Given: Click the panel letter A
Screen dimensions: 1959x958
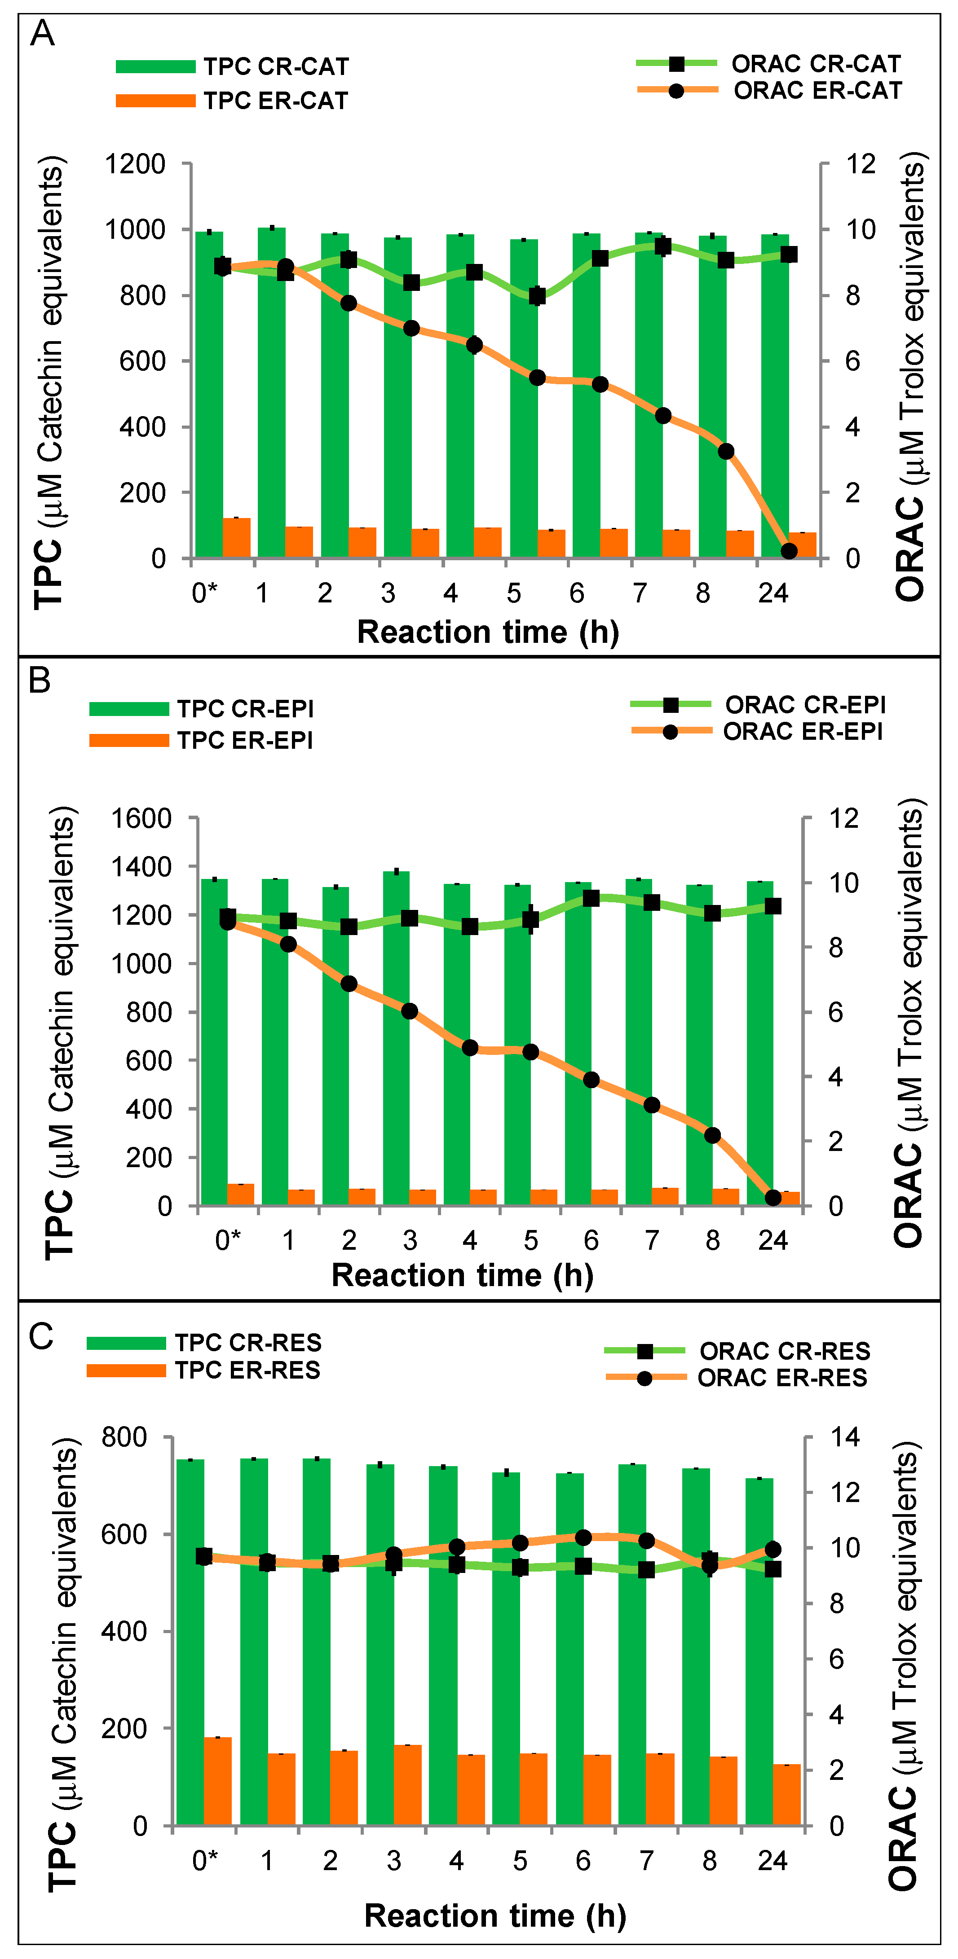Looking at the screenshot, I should point(42,34).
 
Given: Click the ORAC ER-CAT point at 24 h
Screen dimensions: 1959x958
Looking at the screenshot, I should point(789,551).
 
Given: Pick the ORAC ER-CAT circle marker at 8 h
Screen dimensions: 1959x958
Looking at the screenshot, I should point(726,452).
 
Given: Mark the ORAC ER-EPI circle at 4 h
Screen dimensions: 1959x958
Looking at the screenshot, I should point(470,1048).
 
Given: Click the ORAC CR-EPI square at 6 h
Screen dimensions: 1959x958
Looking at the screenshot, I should point(591,898).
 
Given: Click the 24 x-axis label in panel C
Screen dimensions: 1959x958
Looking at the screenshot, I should point(773,1861).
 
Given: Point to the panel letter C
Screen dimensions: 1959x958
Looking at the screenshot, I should point(41,1336).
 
